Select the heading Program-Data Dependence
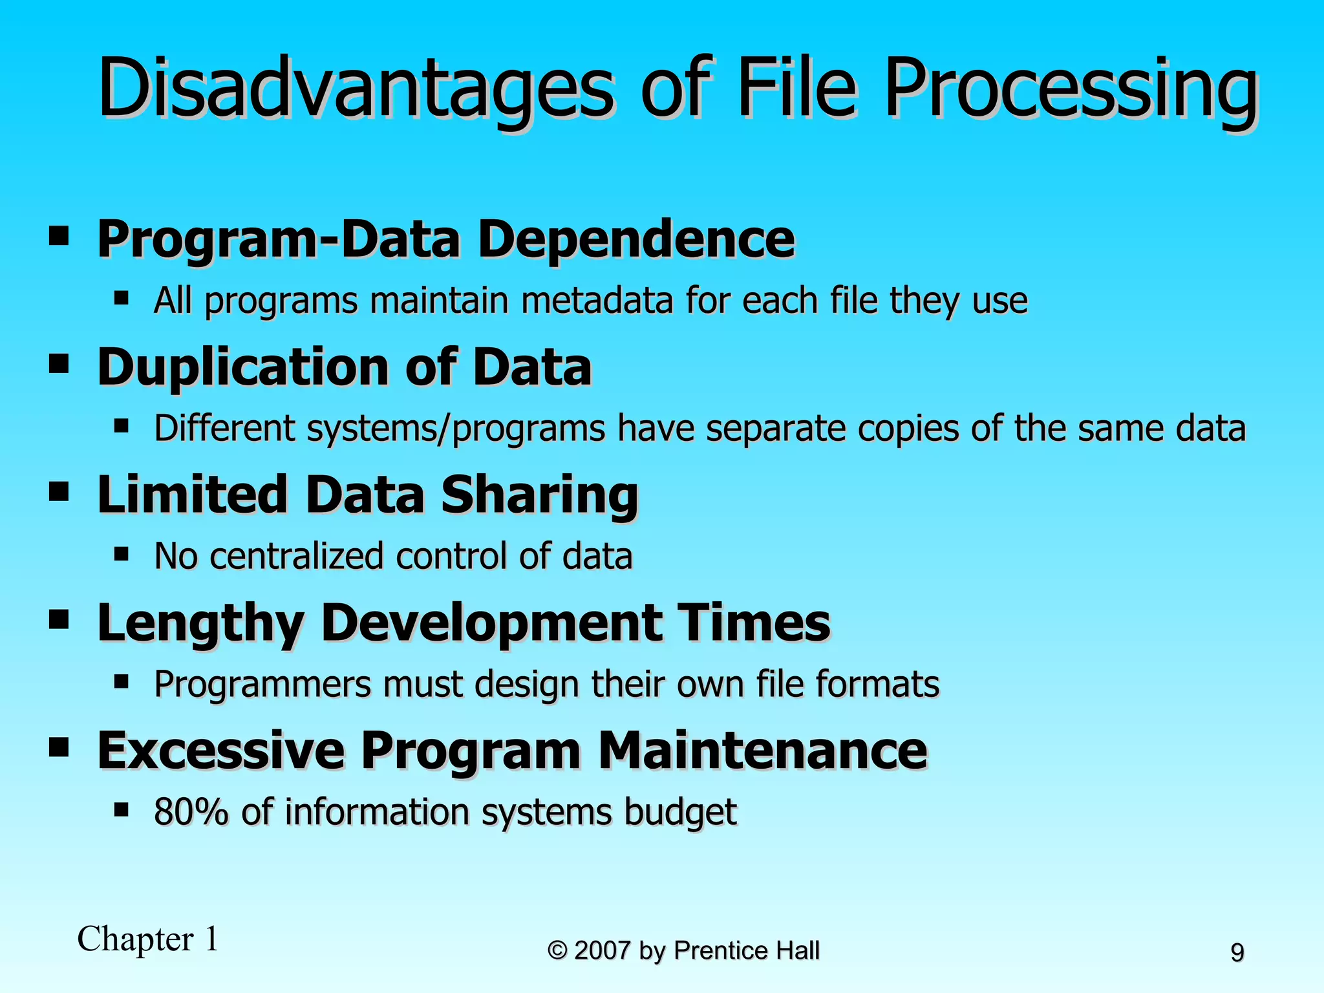tap(445, 239)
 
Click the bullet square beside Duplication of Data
tap(59, 363)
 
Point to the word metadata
tap(597, 301)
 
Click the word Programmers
tap(262, 685)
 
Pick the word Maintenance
tap(763, 751)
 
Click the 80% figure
tap(191, 813)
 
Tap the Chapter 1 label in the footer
tap(148, 939)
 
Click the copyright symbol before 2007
tap(557, 951)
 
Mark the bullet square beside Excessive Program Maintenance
tap(59, 747)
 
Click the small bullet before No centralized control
tap(121, 554)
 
